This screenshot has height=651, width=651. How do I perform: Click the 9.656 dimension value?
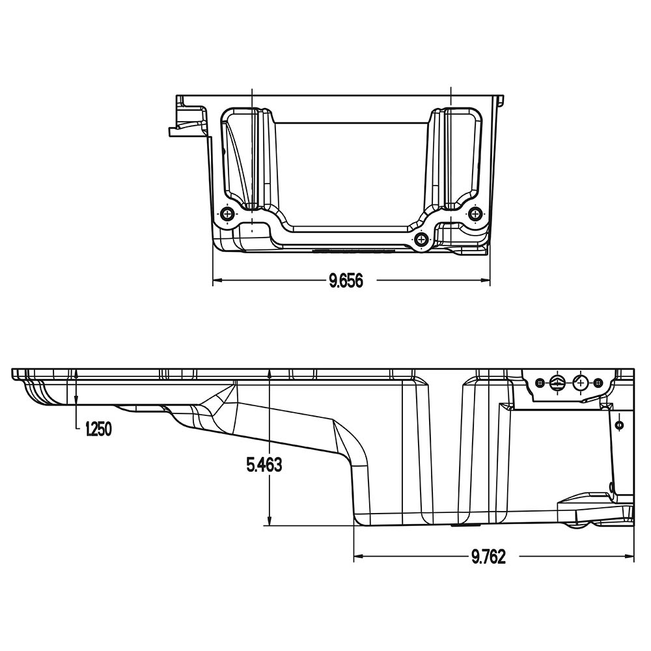(346, 281)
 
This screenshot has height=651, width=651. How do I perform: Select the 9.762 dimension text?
(489, 557)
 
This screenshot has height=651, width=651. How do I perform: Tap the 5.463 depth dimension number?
(264, 465)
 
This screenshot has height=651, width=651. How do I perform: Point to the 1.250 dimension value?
(98, 429)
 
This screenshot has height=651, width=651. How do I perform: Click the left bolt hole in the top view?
(227, 214)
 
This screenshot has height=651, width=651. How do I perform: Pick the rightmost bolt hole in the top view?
(476, 214)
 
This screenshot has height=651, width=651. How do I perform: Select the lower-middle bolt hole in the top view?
(421, 239)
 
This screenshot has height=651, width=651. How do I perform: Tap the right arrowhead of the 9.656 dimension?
(486, 281)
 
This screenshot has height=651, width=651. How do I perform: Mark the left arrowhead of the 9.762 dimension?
(358, 556)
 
